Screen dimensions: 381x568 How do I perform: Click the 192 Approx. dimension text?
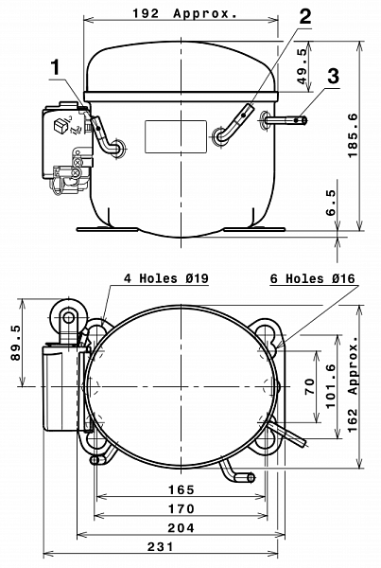tap(185, 14)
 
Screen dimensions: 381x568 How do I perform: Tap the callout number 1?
tap(56, 68)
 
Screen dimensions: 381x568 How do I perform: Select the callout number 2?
tap(305, 16)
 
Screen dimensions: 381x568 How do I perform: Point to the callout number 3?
tap(333, 77)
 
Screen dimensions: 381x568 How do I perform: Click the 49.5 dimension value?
tap(303, 66)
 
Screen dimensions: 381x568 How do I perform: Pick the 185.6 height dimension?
tap(353, 135)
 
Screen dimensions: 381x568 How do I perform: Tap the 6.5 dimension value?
tap(331, 203)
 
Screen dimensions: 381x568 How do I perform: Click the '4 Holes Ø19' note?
tap(166, 278)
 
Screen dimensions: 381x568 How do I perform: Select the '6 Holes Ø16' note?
tap(313, 278)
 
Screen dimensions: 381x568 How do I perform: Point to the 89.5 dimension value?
tap(16, 343)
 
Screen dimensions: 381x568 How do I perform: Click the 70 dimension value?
tap(310, 386)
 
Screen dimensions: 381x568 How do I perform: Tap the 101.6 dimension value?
tap(331, 386)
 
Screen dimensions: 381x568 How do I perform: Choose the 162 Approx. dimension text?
tap(353, 384)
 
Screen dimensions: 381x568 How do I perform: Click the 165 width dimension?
tap(182, 489)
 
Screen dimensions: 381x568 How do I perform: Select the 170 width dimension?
tap(182, 508)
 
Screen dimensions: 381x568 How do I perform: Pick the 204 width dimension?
tap(182, 528)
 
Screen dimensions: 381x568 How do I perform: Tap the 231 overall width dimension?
tap(161, 546)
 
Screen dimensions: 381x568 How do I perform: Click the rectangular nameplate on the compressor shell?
tap(176, 136)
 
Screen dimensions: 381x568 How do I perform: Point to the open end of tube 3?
tap(304, 120)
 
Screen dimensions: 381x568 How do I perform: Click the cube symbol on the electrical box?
tap(60, 125)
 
